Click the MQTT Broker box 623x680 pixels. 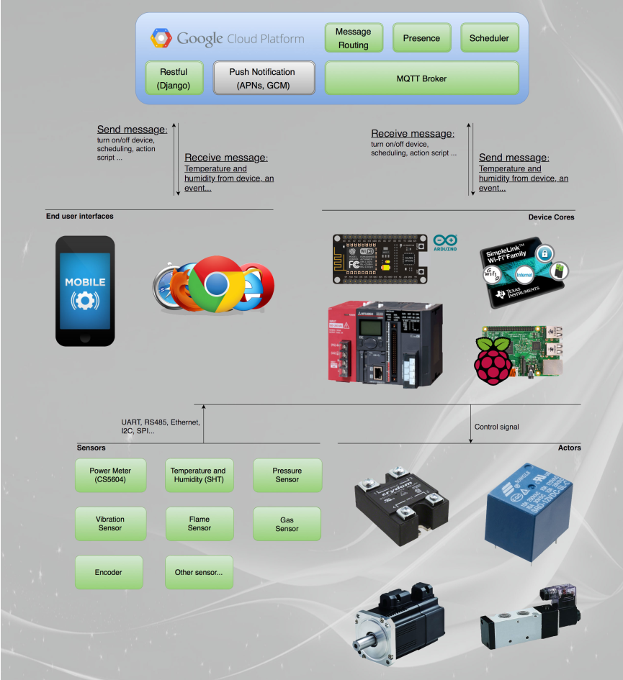pyautogui.click(x=421, y=78)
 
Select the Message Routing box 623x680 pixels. pyautogui.click(x=353, y=38)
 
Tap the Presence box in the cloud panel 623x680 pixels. pyautogui.click(x=421, y=38)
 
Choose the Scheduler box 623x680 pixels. pyautogui.click(x=489, y=38)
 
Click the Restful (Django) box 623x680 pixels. pyautogui.click(x=173, y=78)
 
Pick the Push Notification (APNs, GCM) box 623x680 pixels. pyautogui.click(x=264, y=78)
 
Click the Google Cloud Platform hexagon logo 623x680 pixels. pyautogui.click(x=161, y=38)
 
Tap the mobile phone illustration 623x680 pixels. pyautogui.click(x=86, y=291)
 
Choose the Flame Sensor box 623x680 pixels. pyautogui.click(x=199, y=524)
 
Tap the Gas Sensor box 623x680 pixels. pyautogui.click(x=287, y=524)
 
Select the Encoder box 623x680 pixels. pyautogui.click(x=109, y=572)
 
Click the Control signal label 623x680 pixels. pyautogui.click(x=496, y=427)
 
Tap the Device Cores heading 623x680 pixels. pyautogui.click(x=551, y=217)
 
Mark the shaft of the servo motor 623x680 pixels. pyautogui.click(x=367, y=640)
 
